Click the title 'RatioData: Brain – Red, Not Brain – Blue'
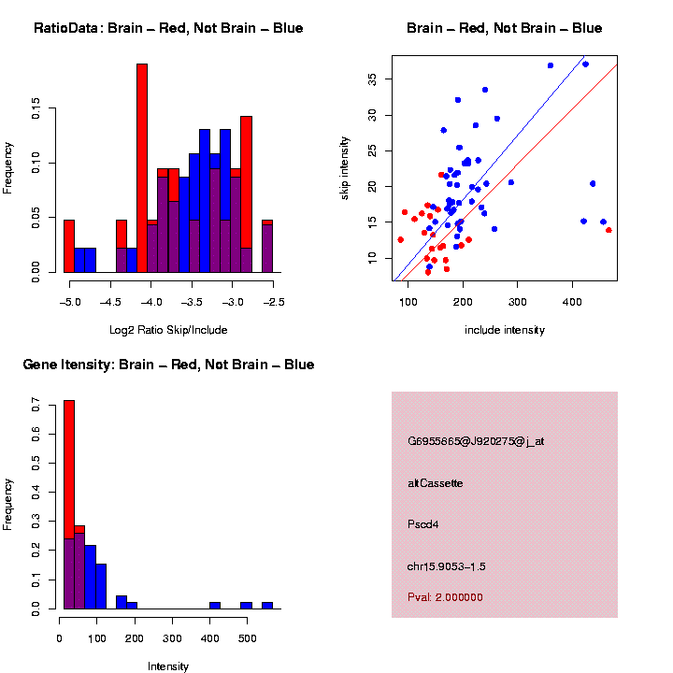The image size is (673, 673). [x=168, y=28]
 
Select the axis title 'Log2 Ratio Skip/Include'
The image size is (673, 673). [x=168, y=329]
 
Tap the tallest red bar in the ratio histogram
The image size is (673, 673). [x=142, y=168]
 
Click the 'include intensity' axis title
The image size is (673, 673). [x=505, y=329]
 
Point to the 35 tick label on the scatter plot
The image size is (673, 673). [x=370, y=80]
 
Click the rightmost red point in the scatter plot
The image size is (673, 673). [x=609, y=230]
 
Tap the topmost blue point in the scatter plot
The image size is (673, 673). [x=585, y=64]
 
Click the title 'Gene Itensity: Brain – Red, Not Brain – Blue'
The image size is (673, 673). [x=168, y=364]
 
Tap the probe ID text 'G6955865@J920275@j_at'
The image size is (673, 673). [x=476, y=441]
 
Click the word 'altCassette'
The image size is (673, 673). [x=436, y=483]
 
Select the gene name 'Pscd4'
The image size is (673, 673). [x=423, y=524]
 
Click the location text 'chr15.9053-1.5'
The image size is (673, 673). [x=447, y=566]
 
